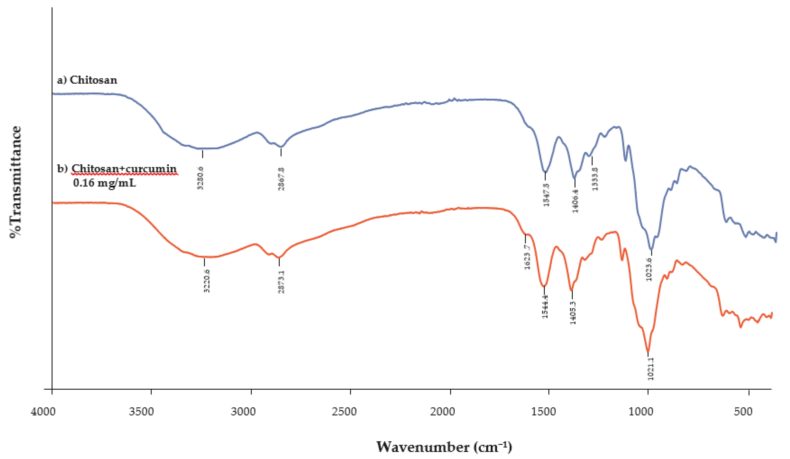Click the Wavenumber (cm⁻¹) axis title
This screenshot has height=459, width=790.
tap(444, 446)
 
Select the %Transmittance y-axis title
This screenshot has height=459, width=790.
tap(16, 182)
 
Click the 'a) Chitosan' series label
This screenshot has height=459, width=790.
tap(87, 80)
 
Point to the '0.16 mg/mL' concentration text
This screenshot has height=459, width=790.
tap(104, 182)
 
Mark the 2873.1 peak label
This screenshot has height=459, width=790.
tap(281, 282)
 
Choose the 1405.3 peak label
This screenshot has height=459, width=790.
tap(573, 312)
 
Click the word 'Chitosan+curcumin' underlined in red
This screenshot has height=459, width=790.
tap(124, 169)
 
